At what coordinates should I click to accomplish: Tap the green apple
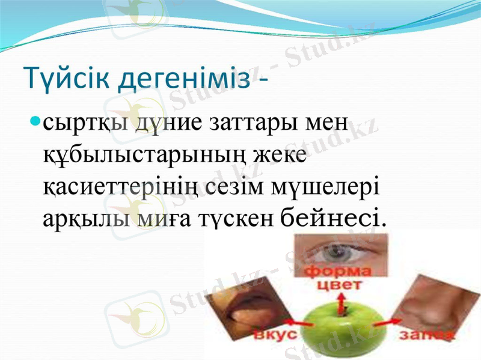click(341, 331)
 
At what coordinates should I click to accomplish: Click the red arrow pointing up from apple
click(345, 304)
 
